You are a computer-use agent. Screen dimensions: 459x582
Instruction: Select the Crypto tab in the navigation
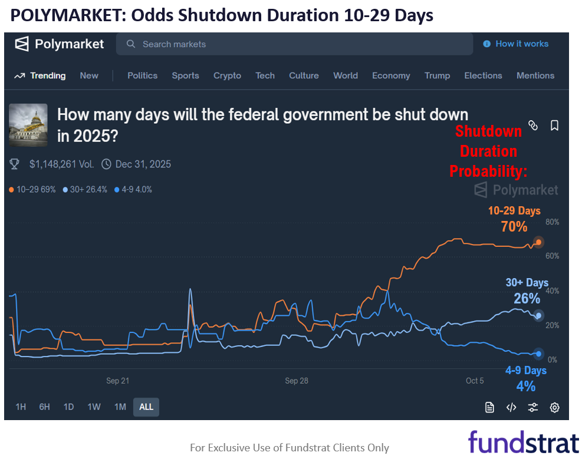[227, 75]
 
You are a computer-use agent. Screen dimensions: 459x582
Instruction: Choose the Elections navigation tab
[483, 75]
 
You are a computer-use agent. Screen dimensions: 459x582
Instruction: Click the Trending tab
[40, 75]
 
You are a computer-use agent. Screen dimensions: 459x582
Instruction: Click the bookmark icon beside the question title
[554, 126]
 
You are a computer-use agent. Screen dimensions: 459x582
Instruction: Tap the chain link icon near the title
[533, 126]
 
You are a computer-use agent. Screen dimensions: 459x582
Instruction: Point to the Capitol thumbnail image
[28, 125]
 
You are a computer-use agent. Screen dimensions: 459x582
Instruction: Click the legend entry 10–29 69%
[32, 190]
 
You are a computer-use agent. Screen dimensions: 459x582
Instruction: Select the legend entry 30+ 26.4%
[85, 190]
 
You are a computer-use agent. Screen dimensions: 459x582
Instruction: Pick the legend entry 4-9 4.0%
[133, 190]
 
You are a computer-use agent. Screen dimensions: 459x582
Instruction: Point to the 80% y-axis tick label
[552, 222]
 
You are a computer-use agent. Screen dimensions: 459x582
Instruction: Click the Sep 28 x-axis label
[296, 381]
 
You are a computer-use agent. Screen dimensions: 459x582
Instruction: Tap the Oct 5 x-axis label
[475, 381]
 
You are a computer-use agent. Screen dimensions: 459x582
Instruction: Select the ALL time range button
[146, 407]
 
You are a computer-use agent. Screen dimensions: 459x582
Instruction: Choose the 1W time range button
[94, 407]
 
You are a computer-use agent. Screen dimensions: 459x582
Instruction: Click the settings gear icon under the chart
[554, 407]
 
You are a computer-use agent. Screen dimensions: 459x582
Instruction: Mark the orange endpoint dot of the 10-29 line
[538, 242]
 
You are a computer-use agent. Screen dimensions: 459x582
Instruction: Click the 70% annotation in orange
[514, 226]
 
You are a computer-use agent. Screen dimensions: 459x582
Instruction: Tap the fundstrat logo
[524, 441]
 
